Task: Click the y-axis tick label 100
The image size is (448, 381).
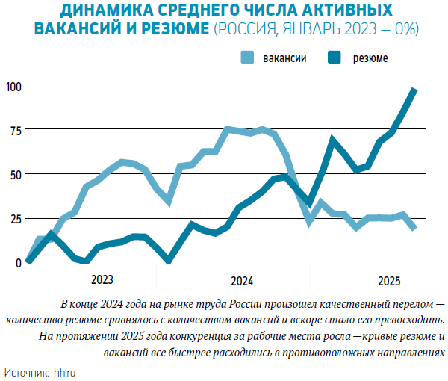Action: tap(13, 85)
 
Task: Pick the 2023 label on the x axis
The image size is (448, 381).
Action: tap(102, 280)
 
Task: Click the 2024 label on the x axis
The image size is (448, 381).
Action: tap(241, 281)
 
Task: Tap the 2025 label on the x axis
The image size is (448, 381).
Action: tap(389, 281)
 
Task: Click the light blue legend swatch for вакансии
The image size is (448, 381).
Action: tap(248, 58)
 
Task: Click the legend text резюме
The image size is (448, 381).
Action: tap(370, 58)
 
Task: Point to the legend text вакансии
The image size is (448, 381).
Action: tap(284, 58)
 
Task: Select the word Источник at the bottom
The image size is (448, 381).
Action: tap(26, 371)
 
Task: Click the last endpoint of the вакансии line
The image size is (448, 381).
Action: tap(414, 227)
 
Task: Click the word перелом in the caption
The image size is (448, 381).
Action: tap(408, 305)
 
